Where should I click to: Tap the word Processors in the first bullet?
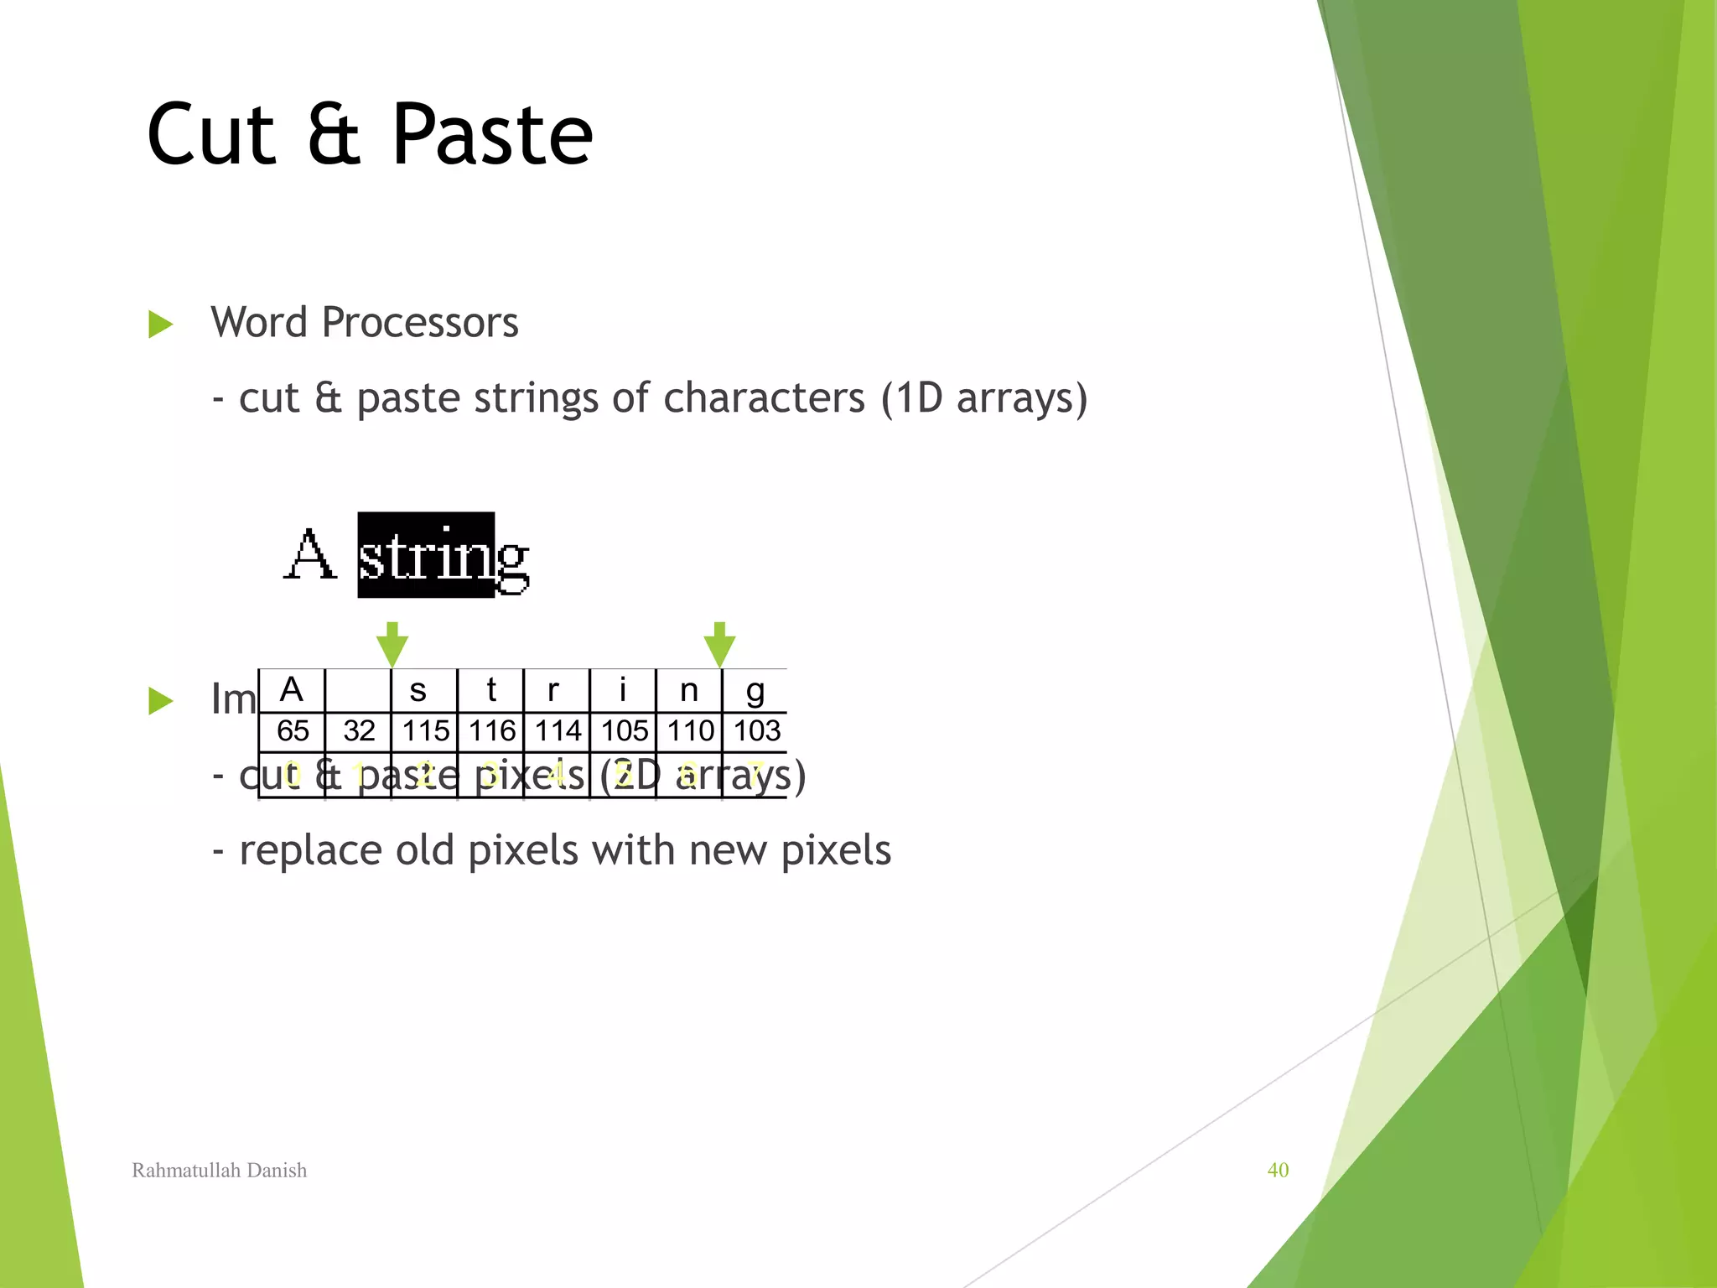pyautogui.click(x=420, y=323)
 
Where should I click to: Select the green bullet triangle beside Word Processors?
pyautogui.click(x=160, y=324)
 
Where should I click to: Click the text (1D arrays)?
pyautogui.click(x=983, y=398)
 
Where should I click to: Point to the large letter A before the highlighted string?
pyautogui.click(x=309, y=555)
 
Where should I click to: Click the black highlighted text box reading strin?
pyautogui.click(x=425, y=555)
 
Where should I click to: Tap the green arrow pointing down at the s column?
pyautogui.click(x=392, y=645)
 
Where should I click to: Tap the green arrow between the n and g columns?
pyautogui.click(x=719, y=645)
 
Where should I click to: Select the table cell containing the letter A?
pyautogui.click(x=291, y=691)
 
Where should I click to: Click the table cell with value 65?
pyautogui.click(x=293, y=731)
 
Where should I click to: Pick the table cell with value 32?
pyautogui.click(x=359, y=731)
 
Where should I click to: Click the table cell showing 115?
pyautogui.click(x=425, y=731)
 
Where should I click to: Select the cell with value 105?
pyautogui.click(x=624, y=731)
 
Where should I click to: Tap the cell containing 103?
pyautogui.click(x=756, y=731)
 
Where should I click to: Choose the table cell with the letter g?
pyautogui.click(x=755, y=691)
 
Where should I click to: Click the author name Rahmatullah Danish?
pyautogui.click(x=220, y=1170)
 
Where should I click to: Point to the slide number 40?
pyautogui.click(x=1278, y=1170)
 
